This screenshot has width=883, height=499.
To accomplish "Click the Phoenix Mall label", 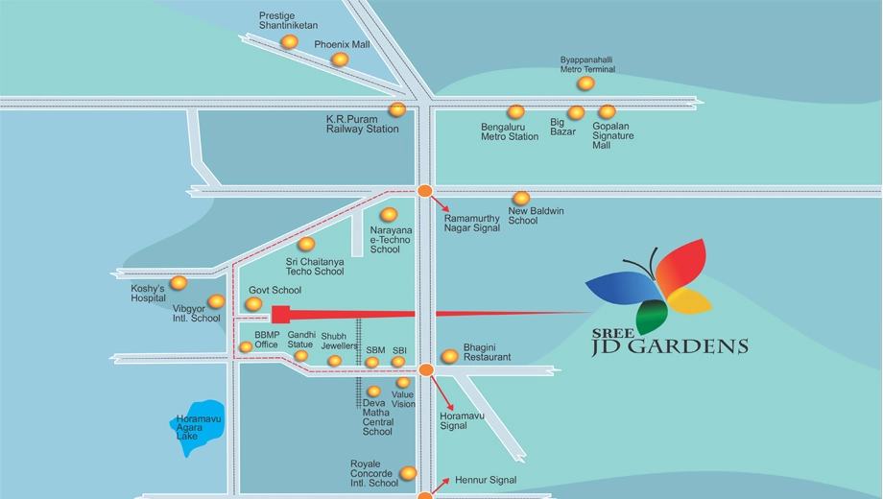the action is point(342,44).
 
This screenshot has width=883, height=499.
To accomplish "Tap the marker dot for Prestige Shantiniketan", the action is point(289,41).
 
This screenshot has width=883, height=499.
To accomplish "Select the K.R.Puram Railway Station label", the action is point(362,124).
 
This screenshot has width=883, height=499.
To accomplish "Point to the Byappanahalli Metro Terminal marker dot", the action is point(585,83).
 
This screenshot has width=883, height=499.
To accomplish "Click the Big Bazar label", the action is point(562,127).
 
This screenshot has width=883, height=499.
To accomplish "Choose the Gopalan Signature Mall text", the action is point(612,135).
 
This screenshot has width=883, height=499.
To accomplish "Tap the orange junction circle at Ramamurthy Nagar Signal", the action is point(424,191).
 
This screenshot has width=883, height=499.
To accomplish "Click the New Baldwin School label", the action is point(536,216).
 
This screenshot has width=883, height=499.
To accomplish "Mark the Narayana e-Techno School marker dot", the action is point(389,214).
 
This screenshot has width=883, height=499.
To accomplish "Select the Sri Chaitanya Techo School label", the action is point(314,267).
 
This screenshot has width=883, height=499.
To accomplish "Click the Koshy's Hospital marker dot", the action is point(179,282).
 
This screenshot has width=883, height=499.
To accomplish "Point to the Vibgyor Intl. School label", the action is point(196,313).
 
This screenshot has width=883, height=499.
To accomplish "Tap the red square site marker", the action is point(280,314).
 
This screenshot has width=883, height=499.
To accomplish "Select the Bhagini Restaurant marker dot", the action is point(449,356).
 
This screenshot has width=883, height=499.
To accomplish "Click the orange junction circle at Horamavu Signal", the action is point(426,369).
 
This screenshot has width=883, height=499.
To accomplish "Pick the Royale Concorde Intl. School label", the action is point(374,473).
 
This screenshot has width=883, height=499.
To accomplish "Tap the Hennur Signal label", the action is point(486,480).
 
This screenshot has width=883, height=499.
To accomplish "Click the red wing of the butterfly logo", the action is point(680,265).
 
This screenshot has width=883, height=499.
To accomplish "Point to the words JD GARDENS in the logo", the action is point(670,346).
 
